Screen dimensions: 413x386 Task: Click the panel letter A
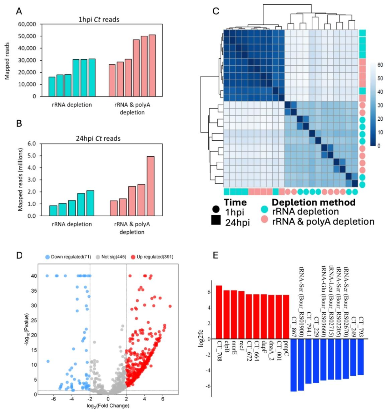pyautogui.click(x=19, y=11)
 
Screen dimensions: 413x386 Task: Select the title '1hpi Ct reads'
pyautogui.click(x=99, y=19)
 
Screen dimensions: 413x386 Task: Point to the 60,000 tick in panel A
pyautogui.click(x=27, y=24)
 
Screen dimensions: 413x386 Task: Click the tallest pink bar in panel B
pyautogui.click(x=150, y=186)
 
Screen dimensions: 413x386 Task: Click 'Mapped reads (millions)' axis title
pyautogui.click(x=20, y=180)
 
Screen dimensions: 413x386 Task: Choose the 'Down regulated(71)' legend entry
pyautogui.click(x=68, y=257)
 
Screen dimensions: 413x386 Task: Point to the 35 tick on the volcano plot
pyautogui.click(x=34, y=291)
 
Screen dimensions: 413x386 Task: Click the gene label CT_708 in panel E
pyautogui.click(x=219, y=351)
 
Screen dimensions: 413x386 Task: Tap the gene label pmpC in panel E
pyautogui.click(x=286, y=347)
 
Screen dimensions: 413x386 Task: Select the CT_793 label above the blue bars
pyautogui.click(x=360, y=327)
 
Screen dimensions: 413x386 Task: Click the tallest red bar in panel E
pyautogui.click(x=219, y=312)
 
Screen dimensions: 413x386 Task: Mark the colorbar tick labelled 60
pyautogui.click(x=380, y=65)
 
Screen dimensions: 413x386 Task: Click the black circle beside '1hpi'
pyautogui.click(x=216, y=210)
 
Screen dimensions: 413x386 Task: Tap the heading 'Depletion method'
pyautogui.click(x=313, y=202)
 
